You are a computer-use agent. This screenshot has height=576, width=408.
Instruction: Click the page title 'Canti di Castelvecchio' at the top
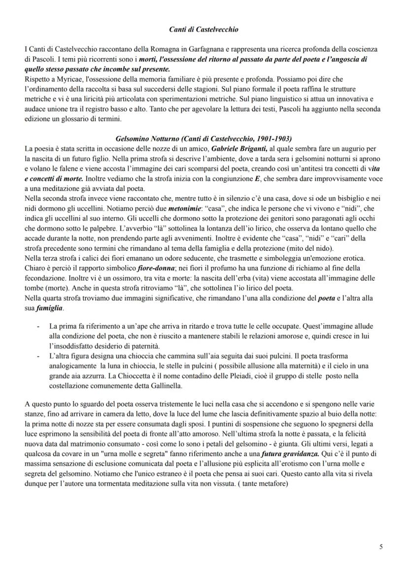coord(204,30)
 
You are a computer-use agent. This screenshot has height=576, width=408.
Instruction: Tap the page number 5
coord(381,546)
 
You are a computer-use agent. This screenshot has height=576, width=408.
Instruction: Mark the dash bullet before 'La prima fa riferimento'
coord(38,326)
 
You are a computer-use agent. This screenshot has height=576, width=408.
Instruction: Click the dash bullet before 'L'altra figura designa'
coord(38,355)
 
